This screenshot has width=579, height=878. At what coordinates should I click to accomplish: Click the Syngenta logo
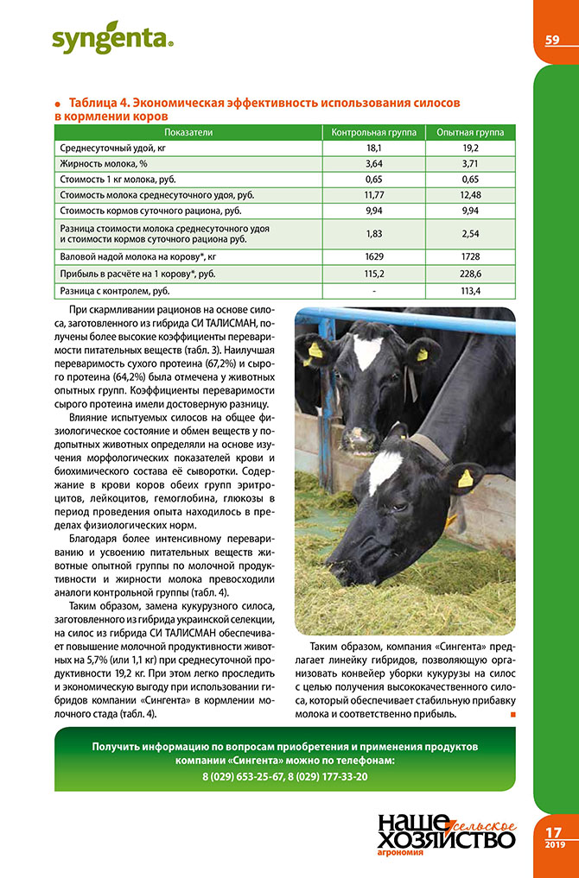111,39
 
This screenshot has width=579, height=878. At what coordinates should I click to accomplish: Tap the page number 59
553,40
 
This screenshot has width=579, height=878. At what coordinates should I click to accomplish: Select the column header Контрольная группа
374,132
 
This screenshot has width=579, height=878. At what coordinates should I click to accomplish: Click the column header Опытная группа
470,132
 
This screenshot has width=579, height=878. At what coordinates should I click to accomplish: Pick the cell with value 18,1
374,148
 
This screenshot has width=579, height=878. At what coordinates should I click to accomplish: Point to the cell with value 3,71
470,163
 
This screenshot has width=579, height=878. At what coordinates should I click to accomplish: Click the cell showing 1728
470,257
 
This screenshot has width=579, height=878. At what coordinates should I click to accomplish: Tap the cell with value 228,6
470,273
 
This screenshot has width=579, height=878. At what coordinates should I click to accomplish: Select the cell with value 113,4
470,291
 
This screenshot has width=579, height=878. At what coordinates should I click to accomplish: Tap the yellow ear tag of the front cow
465,478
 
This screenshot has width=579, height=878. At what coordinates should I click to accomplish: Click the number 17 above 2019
555,832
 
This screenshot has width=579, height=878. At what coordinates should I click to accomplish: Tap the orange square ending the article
512,715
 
